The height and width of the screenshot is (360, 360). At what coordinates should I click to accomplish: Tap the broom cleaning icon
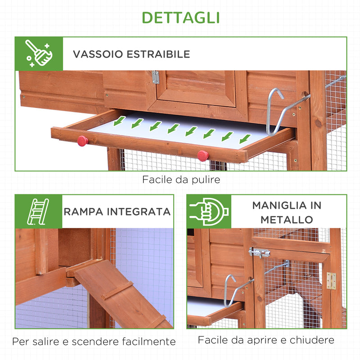(39, 54)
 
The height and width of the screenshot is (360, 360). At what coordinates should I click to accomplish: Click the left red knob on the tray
(82, 141)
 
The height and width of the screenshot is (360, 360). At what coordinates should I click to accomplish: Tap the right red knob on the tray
(203, 156)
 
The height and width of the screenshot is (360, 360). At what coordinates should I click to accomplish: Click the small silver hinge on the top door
(155, 77)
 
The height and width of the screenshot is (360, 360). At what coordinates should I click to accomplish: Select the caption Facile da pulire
(181, 180)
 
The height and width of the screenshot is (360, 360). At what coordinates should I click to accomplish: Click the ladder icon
(38, 211)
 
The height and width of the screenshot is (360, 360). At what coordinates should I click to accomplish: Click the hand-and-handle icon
(209, 211)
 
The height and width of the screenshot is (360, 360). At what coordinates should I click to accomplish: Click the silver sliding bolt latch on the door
(259, 253)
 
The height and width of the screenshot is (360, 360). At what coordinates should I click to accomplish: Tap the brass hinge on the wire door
(331, 280)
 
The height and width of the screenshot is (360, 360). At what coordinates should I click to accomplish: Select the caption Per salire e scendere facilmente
(94, 342)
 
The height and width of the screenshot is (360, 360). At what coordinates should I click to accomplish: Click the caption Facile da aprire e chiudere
(266, 340)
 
